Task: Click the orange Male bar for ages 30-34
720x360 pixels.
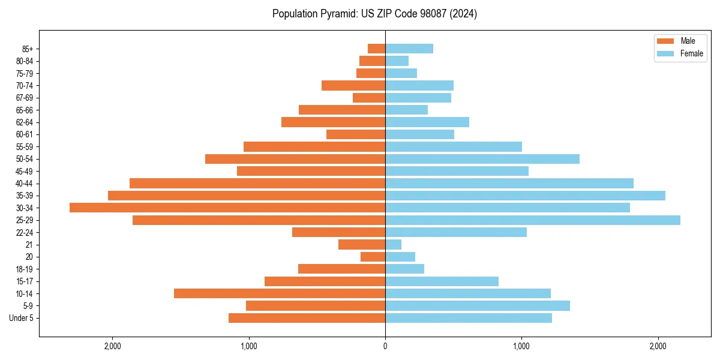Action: pos(227,208)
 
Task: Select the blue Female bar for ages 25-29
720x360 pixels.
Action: pos(533,220)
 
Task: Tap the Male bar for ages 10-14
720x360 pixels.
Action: pos(280,293)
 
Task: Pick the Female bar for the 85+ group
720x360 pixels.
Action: pos(409,49)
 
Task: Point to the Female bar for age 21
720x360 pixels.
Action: pos(394,244)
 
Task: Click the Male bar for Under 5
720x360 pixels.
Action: pos(307,318)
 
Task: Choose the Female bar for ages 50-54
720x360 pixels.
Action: pos(482,159)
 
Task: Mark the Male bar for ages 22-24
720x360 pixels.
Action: pos(338,232)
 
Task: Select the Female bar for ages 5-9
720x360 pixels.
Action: pos(478,306)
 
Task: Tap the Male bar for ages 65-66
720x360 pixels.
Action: pos(342,110)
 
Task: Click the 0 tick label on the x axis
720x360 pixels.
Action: pos(385,346)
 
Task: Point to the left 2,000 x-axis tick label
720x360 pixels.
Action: pos(112,346)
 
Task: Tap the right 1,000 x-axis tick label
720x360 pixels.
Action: pos(521,346)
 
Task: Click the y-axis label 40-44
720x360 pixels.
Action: pos(24,184)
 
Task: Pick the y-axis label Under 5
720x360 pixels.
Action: pos(22,318)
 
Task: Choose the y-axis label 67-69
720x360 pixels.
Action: pos(24,98)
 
